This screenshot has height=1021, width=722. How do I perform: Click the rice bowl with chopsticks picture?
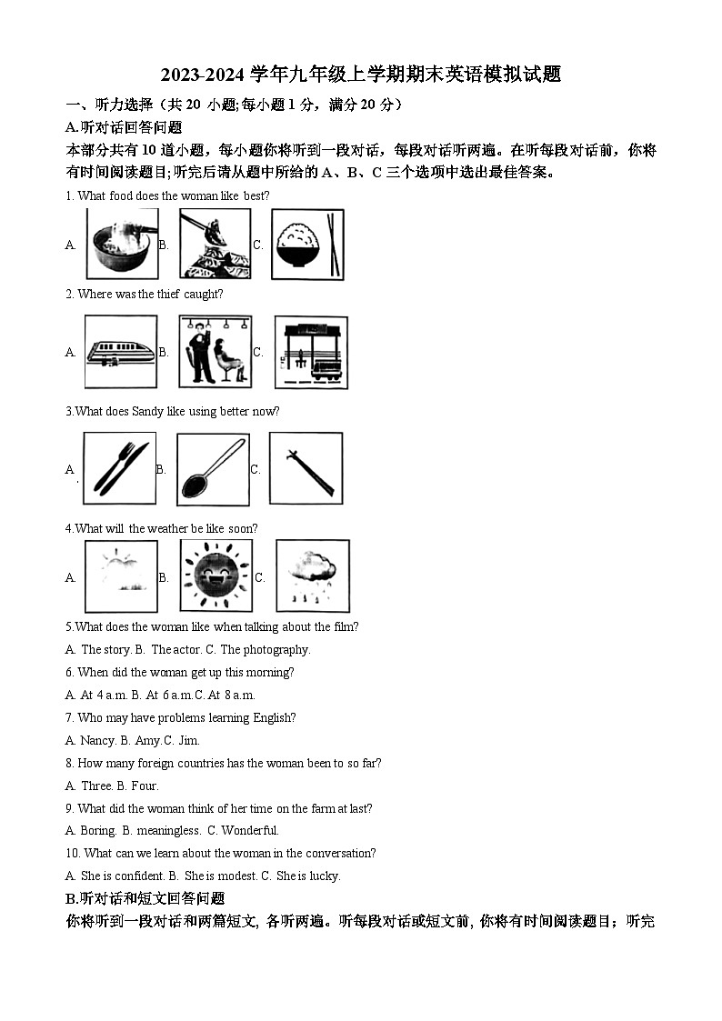308,244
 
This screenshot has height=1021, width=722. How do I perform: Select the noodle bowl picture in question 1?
122,244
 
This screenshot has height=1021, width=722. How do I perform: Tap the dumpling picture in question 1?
215,244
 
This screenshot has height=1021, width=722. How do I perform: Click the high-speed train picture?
120,352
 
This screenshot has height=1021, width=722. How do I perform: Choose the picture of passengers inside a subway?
215,352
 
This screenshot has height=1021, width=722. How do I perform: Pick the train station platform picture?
311,352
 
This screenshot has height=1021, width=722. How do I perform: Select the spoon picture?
213,468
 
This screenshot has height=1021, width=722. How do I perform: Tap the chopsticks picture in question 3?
306,468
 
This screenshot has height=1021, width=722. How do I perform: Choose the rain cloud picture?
312,576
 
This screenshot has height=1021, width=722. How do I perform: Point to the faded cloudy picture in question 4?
121,576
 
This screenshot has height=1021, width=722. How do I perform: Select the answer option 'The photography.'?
266,650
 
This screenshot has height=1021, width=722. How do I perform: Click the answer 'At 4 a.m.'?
99,696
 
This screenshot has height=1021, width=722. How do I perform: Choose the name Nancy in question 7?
98,741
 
